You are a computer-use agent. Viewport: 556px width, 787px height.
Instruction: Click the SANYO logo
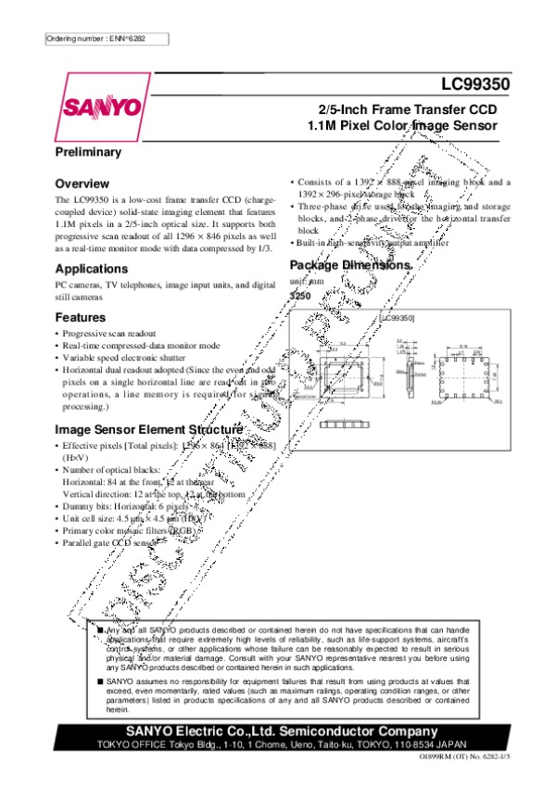(102, 108)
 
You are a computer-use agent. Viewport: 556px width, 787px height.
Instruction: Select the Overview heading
(82, 184)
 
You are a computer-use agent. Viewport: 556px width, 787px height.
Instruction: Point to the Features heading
(81, 317)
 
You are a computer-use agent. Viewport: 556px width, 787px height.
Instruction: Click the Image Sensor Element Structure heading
(149, 430)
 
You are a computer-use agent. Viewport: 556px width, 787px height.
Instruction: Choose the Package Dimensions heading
(349, 264)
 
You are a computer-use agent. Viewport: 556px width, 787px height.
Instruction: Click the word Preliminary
(89, 151)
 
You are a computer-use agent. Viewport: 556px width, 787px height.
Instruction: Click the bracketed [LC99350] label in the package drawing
(396, 318)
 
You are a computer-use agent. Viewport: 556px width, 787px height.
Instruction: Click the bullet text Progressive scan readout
(109, 333)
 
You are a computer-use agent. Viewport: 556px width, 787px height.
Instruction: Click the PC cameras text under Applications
(166, 286)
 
